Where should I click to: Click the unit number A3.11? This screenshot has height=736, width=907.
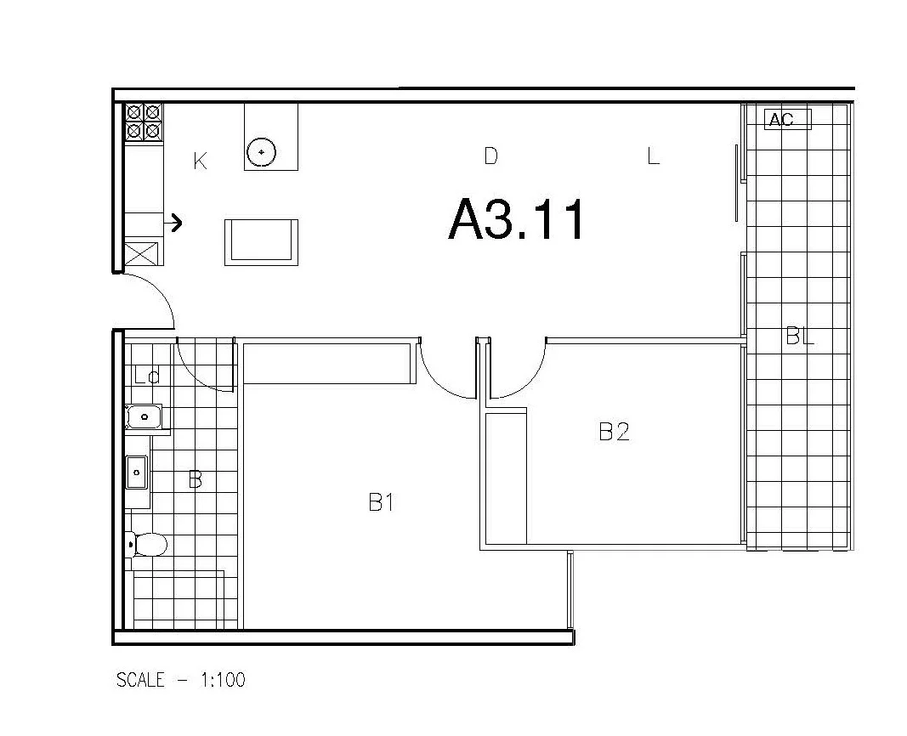coord(517,220)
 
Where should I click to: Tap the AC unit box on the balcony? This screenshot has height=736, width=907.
coord(788,120)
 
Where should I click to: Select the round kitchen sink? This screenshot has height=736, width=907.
coord(262,153)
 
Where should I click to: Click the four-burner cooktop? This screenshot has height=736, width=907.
coord(144,122)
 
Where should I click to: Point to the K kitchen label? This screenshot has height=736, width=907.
coord(200,161)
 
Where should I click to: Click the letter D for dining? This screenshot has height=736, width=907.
coord(490,156)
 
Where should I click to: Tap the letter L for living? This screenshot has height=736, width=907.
coord(653,156)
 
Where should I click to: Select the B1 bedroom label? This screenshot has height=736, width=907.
coord(381,502)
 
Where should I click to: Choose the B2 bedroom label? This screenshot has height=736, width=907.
coord(614,432)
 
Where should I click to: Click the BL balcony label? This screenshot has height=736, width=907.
coord(799,337)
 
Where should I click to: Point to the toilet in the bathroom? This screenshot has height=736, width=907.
coord(146,543)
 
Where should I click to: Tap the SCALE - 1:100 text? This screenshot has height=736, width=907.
coord(180,680)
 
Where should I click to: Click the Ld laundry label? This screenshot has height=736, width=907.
coord(147,375)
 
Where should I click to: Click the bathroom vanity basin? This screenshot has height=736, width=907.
coord(137,473)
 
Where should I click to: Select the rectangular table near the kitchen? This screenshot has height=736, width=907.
coord(261,241)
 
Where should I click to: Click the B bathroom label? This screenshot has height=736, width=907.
coord(195,480)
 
